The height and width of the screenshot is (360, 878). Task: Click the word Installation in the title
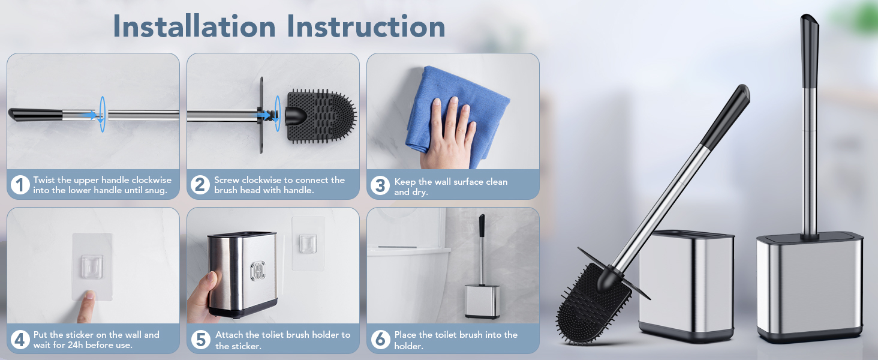point(194,26)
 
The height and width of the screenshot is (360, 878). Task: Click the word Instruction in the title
point(366,26)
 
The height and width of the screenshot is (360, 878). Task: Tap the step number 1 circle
point(20,185)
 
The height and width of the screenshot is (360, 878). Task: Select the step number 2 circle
point(200,185)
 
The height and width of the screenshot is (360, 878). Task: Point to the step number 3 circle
point(380,185)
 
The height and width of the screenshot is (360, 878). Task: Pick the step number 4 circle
point(20,340)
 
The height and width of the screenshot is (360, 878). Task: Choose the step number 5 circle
point(201,340)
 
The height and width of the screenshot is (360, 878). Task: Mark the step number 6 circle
point(380,340)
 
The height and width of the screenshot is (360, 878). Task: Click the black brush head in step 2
point(321,116)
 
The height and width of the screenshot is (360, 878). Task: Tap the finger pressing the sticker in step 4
point(87,307)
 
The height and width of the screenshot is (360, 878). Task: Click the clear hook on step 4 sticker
point(92,266)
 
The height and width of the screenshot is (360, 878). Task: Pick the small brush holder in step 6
point(482,301)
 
